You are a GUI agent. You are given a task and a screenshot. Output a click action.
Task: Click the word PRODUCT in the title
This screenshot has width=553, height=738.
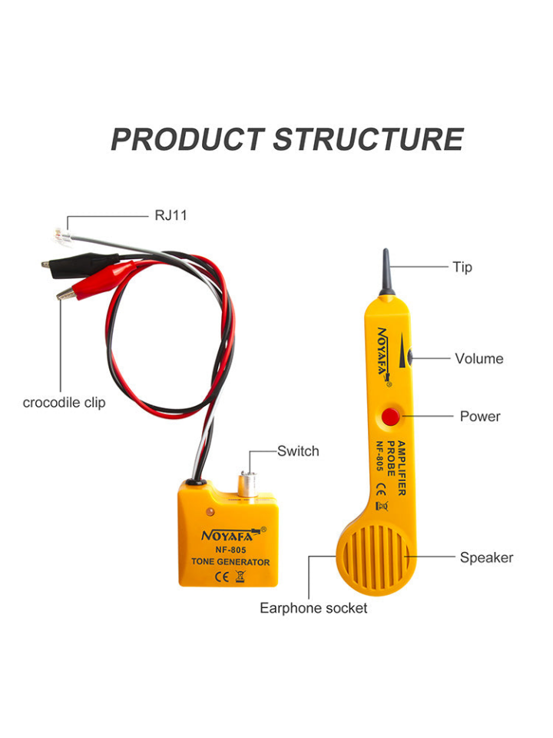point(187,140)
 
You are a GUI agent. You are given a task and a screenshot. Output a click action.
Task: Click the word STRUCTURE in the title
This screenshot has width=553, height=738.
point(368,140)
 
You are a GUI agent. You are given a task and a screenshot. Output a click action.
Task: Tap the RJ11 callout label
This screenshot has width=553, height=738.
point(171,215)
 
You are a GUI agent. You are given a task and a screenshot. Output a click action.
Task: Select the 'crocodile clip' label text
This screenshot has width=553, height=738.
point(65,402)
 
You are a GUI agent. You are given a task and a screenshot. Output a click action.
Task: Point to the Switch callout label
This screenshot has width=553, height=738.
point(298,451)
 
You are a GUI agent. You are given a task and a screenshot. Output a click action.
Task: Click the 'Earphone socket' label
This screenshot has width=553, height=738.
point(313,608)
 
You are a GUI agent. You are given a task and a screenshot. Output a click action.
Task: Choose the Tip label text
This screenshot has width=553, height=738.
point(462,268)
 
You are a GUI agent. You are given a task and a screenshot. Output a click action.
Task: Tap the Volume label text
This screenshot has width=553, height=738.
point(479,358)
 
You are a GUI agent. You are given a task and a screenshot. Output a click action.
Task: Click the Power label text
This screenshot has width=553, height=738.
point(480,417)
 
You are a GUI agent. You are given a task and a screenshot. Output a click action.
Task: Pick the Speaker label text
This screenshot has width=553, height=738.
point(486,557)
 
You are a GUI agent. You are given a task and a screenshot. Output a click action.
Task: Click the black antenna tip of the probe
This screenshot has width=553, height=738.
point(386,274)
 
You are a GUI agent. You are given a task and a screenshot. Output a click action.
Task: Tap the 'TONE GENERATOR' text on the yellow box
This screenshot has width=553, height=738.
point(230,562)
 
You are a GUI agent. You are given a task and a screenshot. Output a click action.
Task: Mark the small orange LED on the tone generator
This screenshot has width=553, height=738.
point(208,511)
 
